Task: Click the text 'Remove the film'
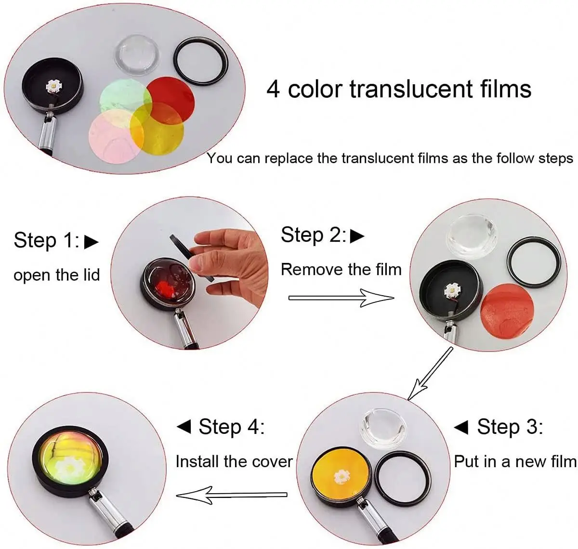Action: [341, 269]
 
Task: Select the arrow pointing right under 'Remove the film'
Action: [341, 298]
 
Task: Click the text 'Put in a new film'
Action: [515, 461]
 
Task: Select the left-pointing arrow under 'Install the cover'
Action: [231, 495]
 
